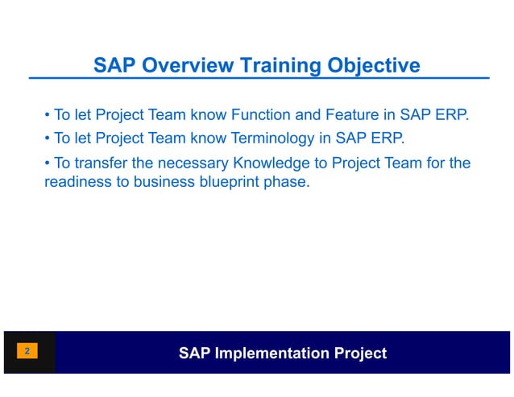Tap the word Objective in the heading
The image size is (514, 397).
tap(370, 65)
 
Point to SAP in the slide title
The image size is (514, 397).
tap(111, 65)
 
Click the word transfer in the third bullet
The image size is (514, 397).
tap(100, 164)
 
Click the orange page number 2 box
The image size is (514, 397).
tap(27, 352)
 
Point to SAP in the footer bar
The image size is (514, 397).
tap(193, 353)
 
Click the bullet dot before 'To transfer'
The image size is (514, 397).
tap(48, 164)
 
